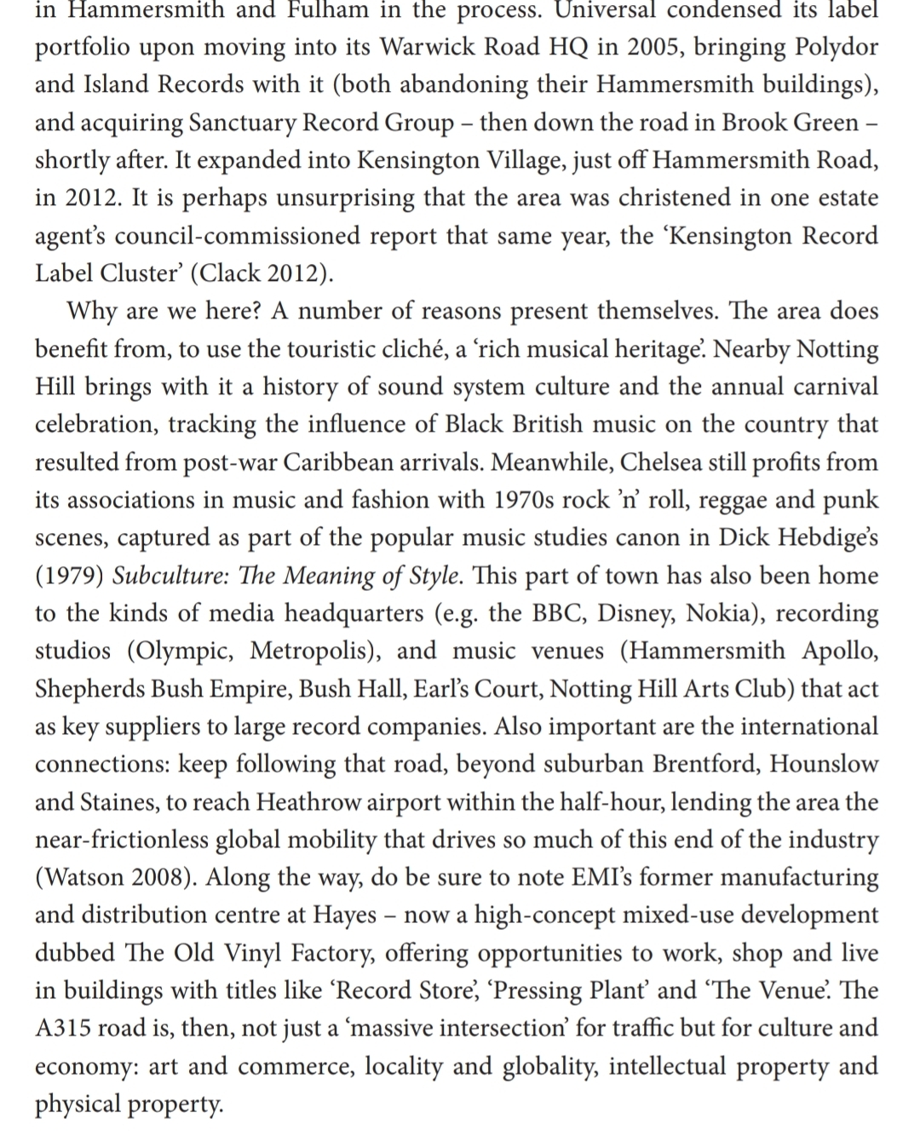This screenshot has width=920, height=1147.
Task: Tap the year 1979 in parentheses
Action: pos(70,576)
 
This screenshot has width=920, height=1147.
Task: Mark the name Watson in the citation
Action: pos(84,877)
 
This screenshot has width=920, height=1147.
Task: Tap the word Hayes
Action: pos(345,915)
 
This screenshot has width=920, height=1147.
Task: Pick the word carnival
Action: pos(835,387)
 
